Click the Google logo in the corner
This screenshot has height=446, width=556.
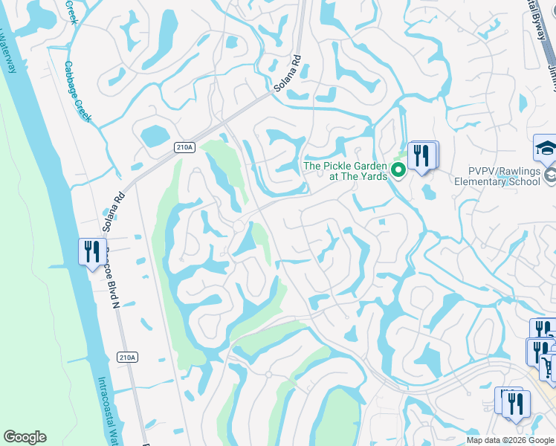point(25,437)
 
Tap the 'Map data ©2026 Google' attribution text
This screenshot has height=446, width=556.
point(510,440)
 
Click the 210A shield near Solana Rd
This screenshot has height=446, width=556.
point(185,147)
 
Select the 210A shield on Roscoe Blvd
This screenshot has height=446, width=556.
point(127,358)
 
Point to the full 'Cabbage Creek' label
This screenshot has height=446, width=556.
point(77,91)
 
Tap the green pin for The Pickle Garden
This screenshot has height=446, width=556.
point(398,171)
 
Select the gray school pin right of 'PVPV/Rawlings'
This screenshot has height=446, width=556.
point(551,175)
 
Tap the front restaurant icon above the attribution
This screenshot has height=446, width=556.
point(515,404)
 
